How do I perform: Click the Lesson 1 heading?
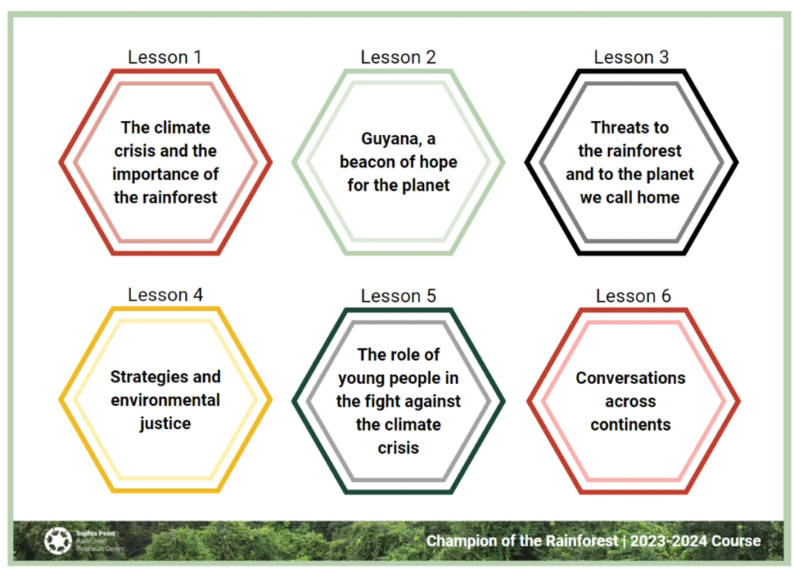click(164, 57)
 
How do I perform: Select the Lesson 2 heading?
click(398, 57)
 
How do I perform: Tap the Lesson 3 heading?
click(631, 57)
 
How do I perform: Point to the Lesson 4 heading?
click(165, 296)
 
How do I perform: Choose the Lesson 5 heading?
click(398, 296)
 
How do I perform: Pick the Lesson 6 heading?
click(633, 296)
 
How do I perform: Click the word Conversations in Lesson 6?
click(630, 379)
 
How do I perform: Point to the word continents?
click(630, 425)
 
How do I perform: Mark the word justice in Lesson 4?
click(165, 424)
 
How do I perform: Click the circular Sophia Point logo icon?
click(57, 541)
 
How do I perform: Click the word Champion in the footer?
click(464, 541)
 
